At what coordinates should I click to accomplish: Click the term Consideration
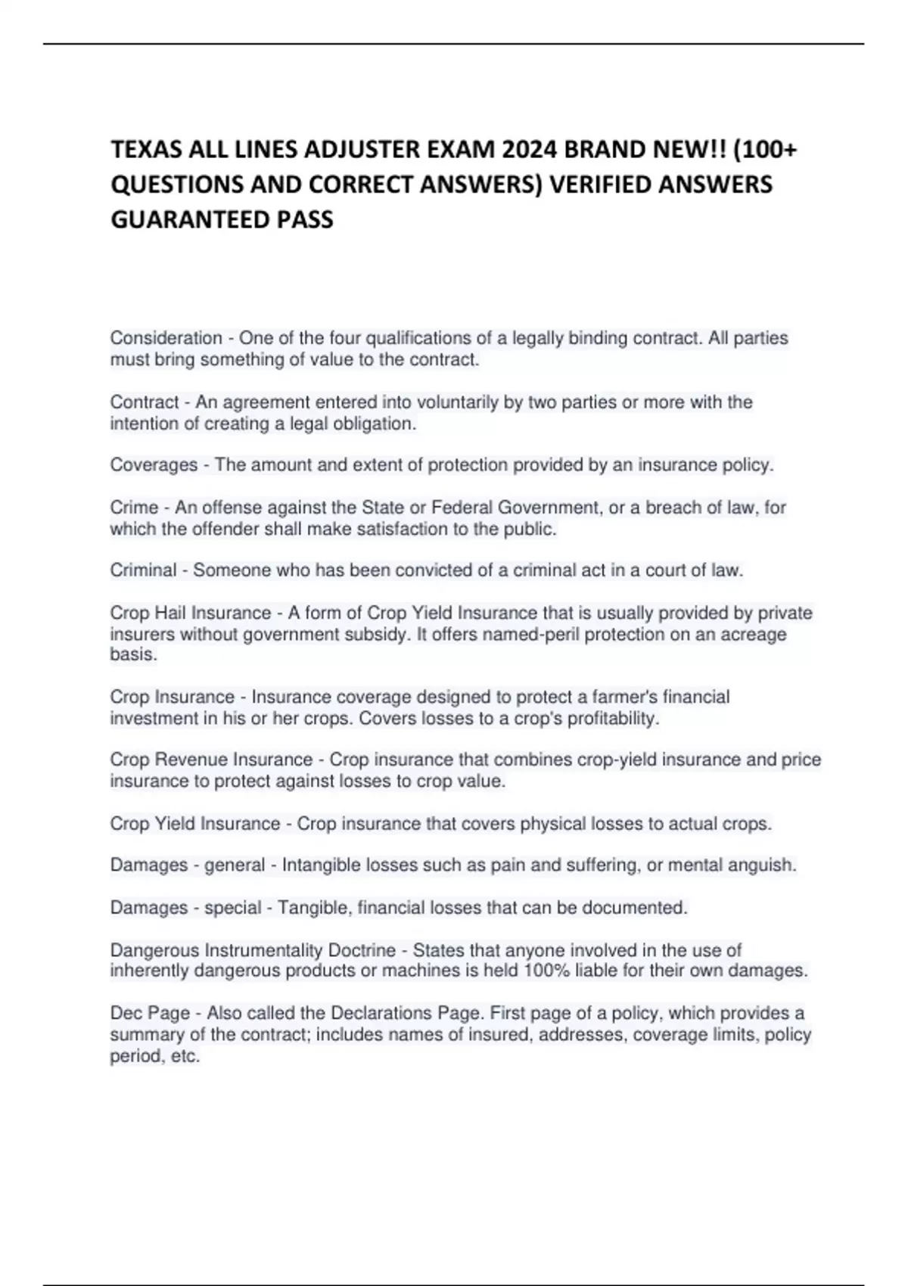click(x=166, y=338)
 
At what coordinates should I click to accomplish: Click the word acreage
click(x=754, y=634)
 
